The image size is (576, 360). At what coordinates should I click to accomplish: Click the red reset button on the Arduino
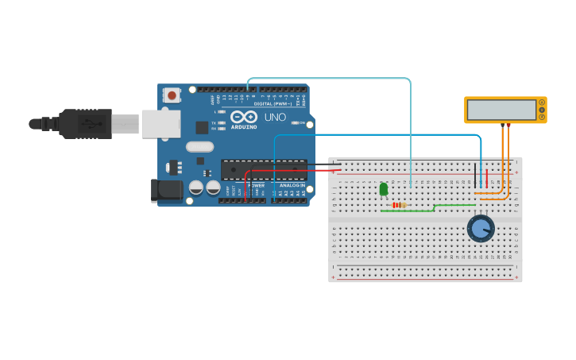pos(171,95)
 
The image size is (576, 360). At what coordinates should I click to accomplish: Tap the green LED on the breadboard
pos(384,189)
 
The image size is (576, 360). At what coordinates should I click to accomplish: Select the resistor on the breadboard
pos(399,205)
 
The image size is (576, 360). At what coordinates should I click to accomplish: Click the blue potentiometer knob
pos(481,229)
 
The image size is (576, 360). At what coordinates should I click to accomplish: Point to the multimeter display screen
pos(501,110)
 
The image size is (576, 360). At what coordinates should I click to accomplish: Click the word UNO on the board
pos(275,117)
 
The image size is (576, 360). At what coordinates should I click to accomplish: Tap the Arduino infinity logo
pos(244,117)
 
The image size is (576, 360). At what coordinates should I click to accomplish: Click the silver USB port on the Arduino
pos(160,124)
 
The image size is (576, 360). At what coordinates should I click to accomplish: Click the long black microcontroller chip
pos(263,169)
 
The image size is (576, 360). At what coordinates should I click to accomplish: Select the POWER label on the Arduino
pos(256,185)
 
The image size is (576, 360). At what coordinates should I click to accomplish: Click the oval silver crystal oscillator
pos(200,146)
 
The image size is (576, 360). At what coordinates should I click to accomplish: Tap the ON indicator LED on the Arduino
pos(295,122)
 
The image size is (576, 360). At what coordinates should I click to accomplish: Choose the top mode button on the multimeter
pos(542,103)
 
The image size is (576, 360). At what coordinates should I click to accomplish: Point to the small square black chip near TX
pos(202,127)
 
